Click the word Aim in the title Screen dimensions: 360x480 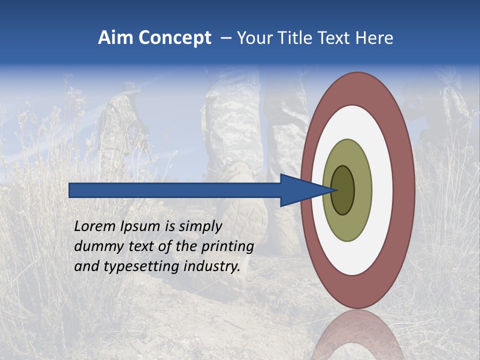pos(116,38)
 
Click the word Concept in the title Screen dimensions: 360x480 pos(175,38)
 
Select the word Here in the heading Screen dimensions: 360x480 pos(375,38)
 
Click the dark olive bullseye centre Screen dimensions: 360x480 pos(343,190)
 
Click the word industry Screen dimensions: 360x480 pos(211,267)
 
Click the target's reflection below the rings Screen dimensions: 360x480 pos(358,335)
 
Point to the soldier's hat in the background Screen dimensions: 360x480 pos(124,90)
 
